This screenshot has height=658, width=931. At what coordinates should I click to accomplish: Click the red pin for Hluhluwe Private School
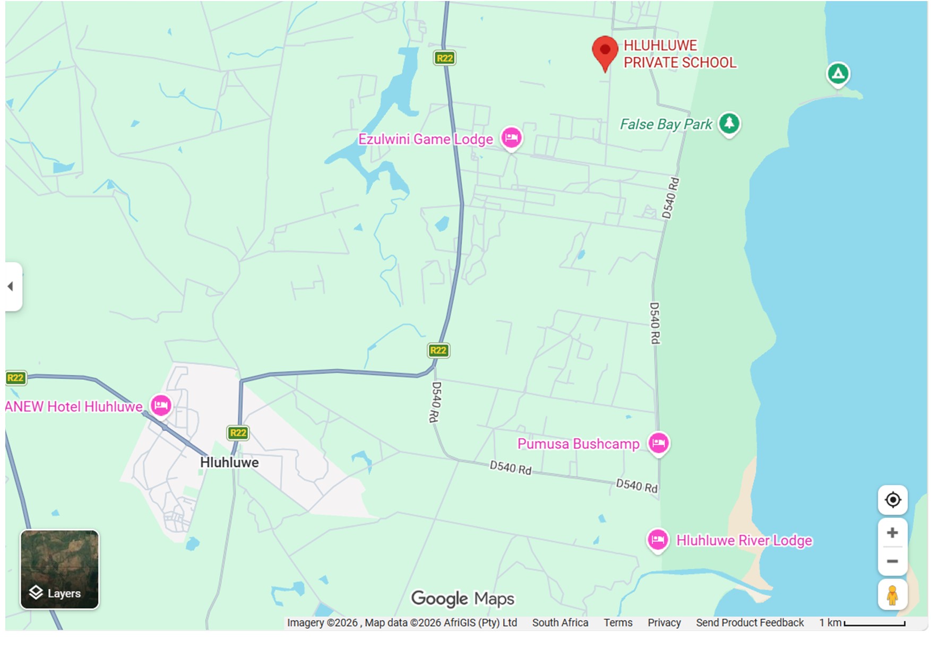point(605,51)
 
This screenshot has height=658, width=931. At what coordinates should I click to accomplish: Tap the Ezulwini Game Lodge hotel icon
point(511,138)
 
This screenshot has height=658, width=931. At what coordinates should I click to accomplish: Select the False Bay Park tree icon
point(729,124)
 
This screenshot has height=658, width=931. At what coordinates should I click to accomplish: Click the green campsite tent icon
point(838,74)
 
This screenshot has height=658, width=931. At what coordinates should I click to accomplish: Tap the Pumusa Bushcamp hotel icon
point(659,443)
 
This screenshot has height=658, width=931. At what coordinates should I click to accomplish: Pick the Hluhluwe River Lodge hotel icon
point(658,540)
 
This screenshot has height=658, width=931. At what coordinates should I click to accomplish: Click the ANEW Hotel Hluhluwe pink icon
point(161,406)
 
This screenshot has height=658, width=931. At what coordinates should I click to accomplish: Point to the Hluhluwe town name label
point(229,462)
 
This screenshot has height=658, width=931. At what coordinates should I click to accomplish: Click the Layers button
point(59,569)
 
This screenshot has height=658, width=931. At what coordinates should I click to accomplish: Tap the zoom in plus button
point(892,532)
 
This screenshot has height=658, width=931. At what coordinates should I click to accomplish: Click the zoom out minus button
point(892,561)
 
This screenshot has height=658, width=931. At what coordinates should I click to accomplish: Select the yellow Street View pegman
point(892,595)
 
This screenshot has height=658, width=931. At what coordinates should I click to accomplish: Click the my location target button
point(893,499)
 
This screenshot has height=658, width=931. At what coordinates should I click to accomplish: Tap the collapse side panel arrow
point(11,287)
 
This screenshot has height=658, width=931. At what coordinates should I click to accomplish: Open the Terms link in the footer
point(618,622)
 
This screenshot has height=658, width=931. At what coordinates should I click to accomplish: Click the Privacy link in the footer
point(664,622)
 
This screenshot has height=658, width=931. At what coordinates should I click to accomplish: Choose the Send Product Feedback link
point(749,622)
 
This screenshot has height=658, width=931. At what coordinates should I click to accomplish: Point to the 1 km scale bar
point(874,624)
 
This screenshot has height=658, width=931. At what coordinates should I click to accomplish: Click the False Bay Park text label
point(666,124)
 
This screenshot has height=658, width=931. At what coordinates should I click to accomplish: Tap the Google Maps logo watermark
point(462,599)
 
